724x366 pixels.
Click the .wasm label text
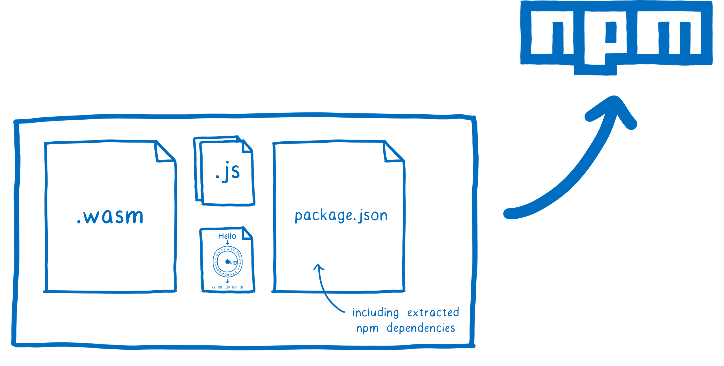pyautogui.click(x=110, y=216)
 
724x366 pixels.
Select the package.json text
pyautogui.click(x=341, y=216)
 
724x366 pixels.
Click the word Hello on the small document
pyautogui.click(x=227, y=236)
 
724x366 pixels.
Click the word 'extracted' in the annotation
pyautogui.click(x=433, y=312)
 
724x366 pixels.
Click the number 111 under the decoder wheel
pyautogui.click(x=241, y=287)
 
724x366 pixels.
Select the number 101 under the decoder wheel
pyautogui.click(x=220, y=287)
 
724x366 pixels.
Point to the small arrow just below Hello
pyautogui.click(x=227, y=242)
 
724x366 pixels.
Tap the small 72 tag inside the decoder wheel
pyautogui.click(x=233, y=263)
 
